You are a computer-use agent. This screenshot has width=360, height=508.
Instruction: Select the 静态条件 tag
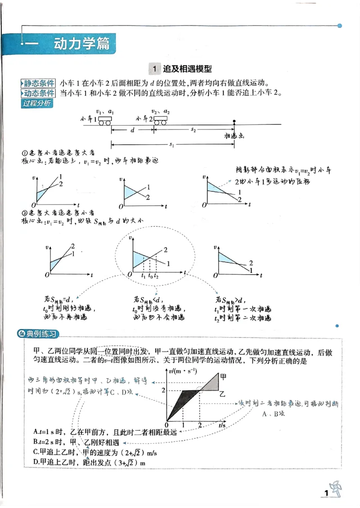pos(39,84)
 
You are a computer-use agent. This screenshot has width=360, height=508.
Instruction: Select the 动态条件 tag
pos(39,94)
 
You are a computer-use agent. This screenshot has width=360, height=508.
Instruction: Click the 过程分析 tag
pos(36,103)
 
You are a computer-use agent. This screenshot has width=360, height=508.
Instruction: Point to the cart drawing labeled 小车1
pos(105,120)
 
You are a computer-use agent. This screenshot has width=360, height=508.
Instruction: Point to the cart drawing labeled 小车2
pos(161,120)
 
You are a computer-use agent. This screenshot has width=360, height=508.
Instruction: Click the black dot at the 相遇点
pos(234,121)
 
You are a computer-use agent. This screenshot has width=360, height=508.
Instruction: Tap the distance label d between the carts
pos(132,129)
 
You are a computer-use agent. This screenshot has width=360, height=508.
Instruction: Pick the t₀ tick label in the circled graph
pos(150,276)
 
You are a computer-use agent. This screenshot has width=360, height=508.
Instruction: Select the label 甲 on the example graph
pos(222,376)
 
